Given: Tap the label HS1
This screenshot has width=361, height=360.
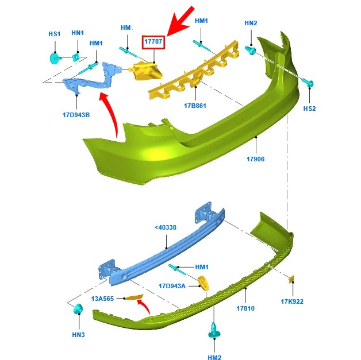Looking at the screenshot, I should point(54,34).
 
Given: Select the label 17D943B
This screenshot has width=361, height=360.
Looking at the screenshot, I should point(76,115).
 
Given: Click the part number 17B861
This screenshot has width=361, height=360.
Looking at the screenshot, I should point(195,106).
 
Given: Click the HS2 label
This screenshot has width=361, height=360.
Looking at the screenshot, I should point(310,108).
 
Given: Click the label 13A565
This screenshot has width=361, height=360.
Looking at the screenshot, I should point(102,299).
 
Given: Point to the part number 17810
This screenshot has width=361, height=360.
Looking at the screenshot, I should point(245,309).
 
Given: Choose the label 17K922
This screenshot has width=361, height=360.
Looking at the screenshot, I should point(291,301).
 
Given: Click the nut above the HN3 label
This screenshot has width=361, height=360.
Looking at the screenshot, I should point(77,311).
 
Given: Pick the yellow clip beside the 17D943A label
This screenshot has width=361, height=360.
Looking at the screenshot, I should point(202,283).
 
